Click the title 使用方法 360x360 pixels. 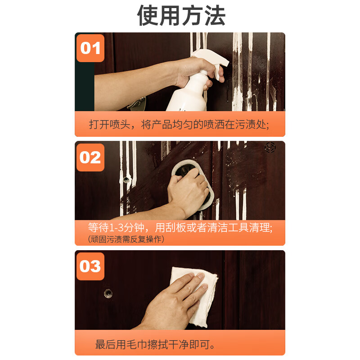[x=181, y=16]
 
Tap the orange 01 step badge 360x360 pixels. [x=90, y=48]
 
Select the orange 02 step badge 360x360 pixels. [x=90, y=157]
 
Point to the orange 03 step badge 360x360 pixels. [x=90, y=266]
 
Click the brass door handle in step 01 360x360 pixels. [x=137, y=104]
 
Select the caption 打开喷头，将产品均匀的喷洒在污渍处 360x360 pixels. [x=179, y=125]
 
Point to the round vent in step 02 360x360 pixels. [x=270, y=147]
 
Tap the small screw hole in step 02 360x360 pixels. [x=126, y=180]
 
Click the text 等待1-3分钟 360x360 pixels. [x=116, y=228]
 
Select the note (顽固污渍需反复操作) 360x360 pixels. [x=126, y=239]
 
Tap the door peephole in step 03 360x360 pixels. [x=108, y=293]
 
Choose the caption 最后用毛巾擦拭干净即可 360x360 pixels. [x=155, y=344]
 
